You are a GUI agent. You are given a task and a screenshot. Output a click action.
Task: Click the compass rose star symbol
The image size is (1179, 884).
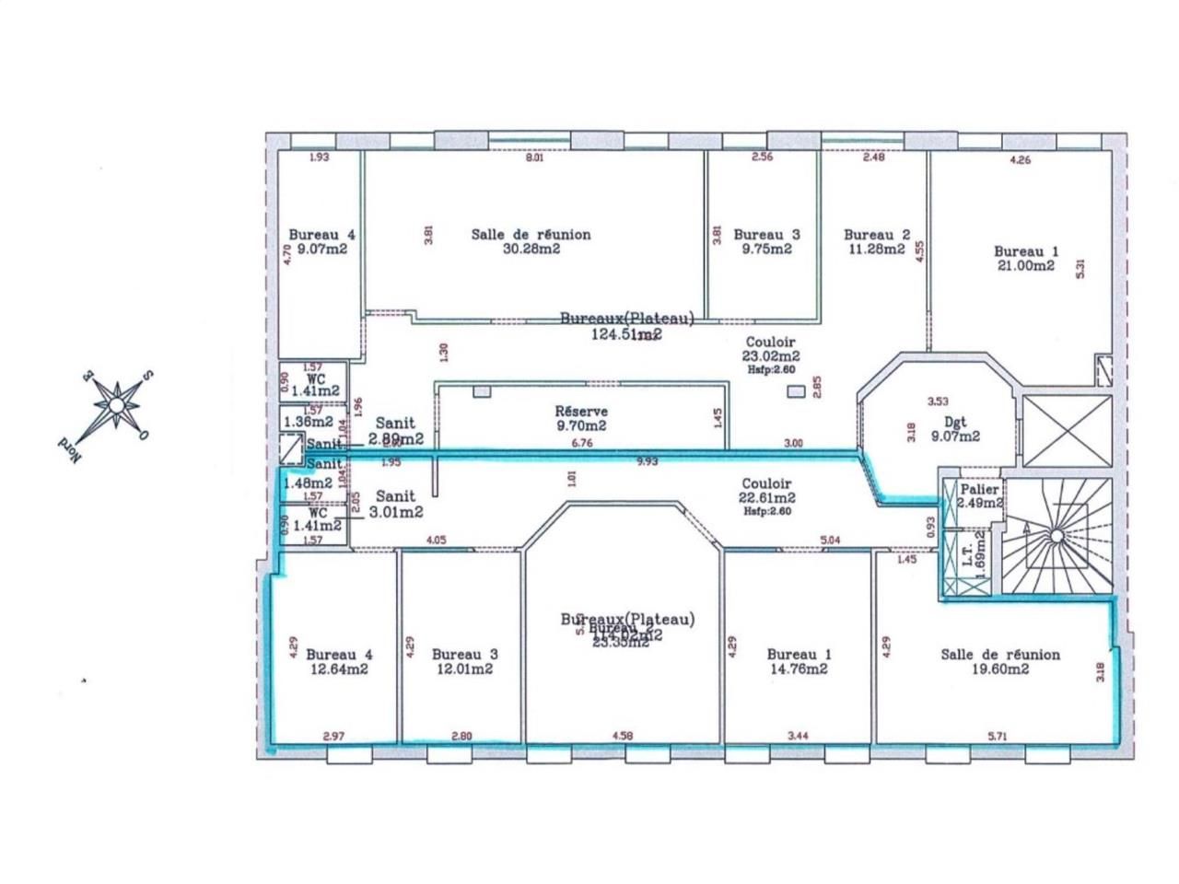coord(116,404)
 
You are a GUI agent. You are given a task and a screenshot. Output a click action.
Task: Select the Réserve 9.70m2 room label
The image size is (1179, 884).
coord(580,418)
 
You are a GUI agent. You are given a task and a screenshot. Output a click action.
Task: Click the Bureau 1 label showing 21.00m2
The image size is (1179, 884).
coord(1023,258)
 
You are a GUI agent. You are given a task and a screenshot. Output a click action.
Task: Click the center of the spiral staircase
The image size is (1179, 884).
coord(1057,535)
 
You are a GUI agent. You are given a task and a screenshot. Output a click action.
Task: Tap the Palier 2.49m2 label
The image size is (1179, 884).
coord(979,496)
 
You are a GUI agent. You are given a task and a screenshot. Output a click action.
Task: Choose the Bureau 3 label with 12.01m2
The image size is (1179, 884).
coord(464,661)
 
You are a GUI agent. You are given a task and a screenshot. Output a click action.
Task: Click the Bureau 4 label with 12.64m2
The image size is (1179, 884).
coord(339,661)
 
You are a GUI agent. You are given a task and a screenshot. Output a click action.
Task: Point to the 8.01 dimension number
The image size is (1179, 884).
coord(535,157)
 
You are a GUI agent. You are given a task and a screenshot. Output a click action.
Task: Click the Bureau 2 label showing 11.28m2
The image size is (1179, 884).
coord(876,241)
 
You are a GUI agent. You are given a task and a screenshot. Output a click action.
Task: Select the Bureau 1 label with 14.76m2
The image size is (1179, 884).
coord(799,661)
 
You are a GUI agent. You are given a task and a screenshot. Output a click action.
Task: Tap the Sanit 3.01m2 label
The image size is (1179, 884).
coord(398,505)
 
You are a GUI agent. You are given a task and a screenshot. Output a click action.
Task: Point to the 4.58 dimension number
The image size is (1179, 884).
coord(623,736)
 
